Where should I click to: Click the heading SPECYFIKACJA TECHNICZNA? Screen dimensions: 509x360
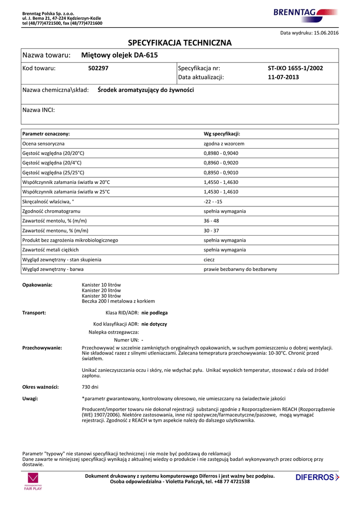click(x=180, y=43)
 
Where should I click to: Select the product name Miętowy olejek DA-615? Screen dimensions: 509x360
click(x=119, y=55)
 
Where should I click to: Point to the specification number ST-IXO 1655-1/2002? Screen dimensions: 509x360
click(x=295, y=68)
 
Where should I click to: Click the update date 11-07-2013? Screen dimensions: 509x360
click(x=283, y=78)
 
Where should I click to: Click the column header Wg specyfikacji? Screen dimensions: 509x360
click(x=222, y=134)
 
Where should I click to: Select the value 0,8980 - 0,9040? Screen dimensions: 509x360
click(x=221, y=153)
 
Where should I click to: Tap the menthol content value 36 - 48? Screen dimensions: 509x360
click(x=211, y=221)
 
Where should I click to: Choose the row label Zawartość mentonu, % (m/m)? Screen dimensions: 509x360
click(x=55, y=231)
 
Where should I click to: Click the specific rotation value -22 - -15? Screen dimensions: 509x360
click(x=213, y=201)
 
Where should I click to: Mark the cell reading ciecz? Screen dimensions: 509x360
click(x=209, y=259)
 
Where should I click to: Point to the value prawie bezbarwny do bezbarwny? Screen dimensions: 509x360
click(x=240, y=269)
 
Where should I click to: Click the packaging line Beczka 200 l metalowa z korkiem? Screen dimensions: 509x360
click(x=118, y=301)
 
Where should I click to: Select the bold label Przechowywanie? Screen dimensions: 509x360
click(x=42, y=348)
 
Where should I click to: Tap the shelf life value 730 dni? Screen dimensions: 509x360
click(x=90, y=387)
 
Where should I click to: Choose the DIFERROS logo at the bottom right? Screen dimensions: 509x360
click(x=317, y=477)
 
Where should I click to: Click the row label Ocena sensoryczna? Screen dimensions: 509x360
click(x=43, y=144)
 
